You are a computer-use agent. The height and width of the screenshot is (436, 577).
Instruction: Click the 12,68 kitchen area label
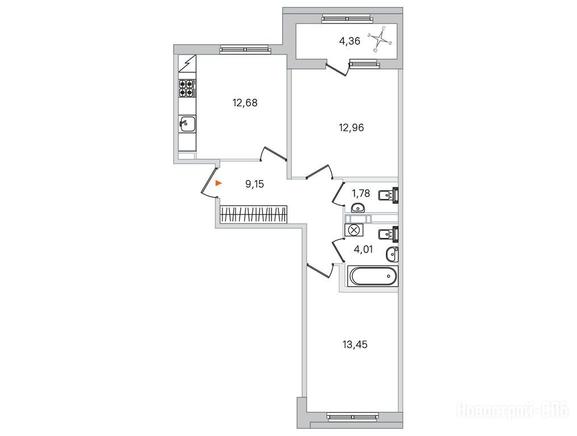tap(245, 103)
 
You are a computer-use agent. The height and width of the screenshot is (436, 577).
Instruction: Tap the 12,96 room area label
tap(351, 128)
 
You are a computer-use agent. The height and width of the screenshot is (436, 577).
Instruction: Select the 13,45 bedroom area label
tap(355, 345)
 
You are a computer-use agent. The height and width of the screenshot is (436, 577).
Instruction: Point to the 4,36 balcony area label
tap(350, 41)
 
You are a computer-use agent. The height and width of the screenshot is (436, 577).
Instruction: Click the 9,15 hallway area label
tap(254, 184)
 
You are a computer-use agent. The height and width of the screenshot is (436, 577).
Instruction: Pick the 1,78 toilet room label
tap(361, 193)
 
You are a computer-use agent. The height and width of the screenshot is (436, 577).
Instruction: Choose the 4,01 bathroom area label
tap(363, 249)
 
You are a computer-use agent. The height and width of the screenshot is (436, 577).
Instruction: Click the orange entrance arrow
tap(218, 183)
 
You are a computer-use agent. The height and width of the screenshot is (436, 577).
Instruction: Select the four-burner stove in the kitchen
tap(187, 89)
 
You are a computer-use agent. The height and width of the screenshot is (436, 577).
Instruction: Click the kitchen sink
tap(187, 124)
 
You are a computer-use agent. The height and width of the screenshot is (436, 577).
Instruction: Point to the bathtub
tap(373, 276)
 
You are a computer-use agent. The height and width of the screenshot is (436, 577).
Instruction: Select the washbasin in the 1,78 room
tap(357, 208)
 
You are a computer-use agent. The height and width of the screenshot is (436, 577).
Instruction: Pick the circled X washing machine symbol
tap(354, 230)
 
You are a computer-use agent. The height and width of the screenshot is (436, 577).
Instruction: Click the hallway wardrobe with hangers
tap(253, 215)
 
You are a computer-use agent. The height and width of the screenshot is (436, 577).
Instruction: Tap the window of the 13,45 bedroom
tap(353, 417)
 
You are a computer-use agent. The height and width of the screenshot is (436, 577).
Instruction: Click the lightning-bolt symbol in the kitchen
tap(187, 64)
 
